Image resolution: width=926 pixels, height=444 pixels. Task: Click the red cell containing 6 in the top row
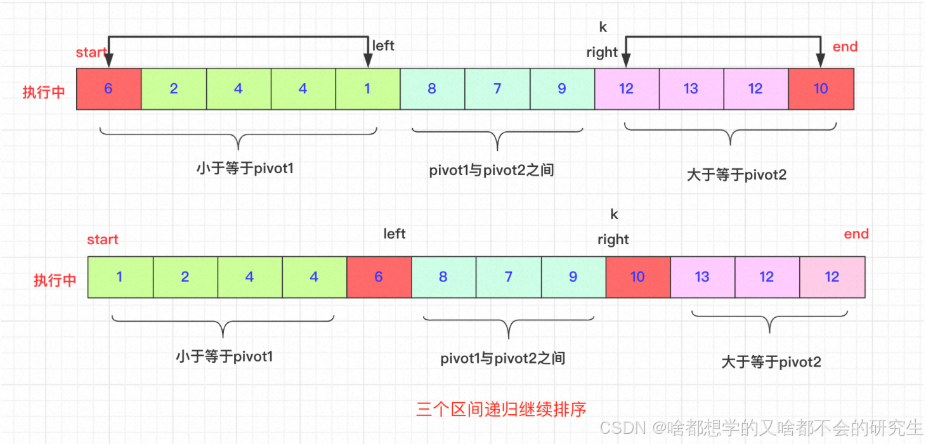pos(108,89)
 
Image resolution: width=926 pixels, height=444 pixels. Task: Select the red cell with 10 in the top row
pos(821,89)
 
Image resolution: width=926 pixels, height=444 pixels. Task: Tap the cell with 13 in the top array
pos(691,89)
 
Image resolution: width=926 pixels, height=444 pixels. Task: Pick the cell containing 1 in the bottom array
pos(120,277)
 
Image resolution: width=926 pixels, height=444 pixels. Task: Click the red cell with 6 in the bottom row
pos(379,277)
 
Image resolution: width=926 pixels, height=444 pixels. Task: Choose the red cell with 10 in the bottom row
pos(637,277)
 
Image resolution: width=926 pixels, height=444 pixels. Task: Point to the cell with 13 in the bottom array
pos(702,277)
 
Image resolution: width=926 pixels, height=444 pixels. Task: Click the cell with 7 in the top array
pos(497,89)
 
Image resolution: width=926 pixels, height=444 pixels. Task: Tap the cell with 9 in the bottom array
pos(573,277)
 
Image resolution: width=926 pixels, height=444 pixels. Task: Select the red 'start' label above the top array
pos(91,52)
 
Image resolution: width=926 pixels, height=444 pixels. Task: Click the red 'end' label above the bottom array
pos(856,234)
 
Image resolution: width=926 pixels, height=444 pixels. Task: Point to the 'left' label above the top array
pos(383,46)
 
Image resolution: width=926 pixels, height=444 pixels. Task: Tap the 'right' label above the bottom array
pos(613,240)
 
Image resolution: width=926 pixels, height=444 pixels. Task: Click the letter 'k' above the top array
pos(603,27)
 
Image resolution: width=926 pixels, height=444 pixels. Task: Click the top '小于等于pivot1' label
pos(245,169)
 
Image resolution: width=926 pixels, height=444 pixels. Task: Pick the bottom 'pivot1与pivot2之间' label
pos(502,358)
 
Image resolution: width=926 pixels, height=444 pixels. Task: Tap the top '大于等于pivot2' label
pos(736,175)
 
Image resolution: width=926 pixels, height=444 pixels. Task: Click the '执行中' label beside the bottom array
pos(55,280)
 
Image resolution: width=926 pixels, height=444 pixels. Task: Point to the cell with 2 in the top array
pos(173,89)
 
